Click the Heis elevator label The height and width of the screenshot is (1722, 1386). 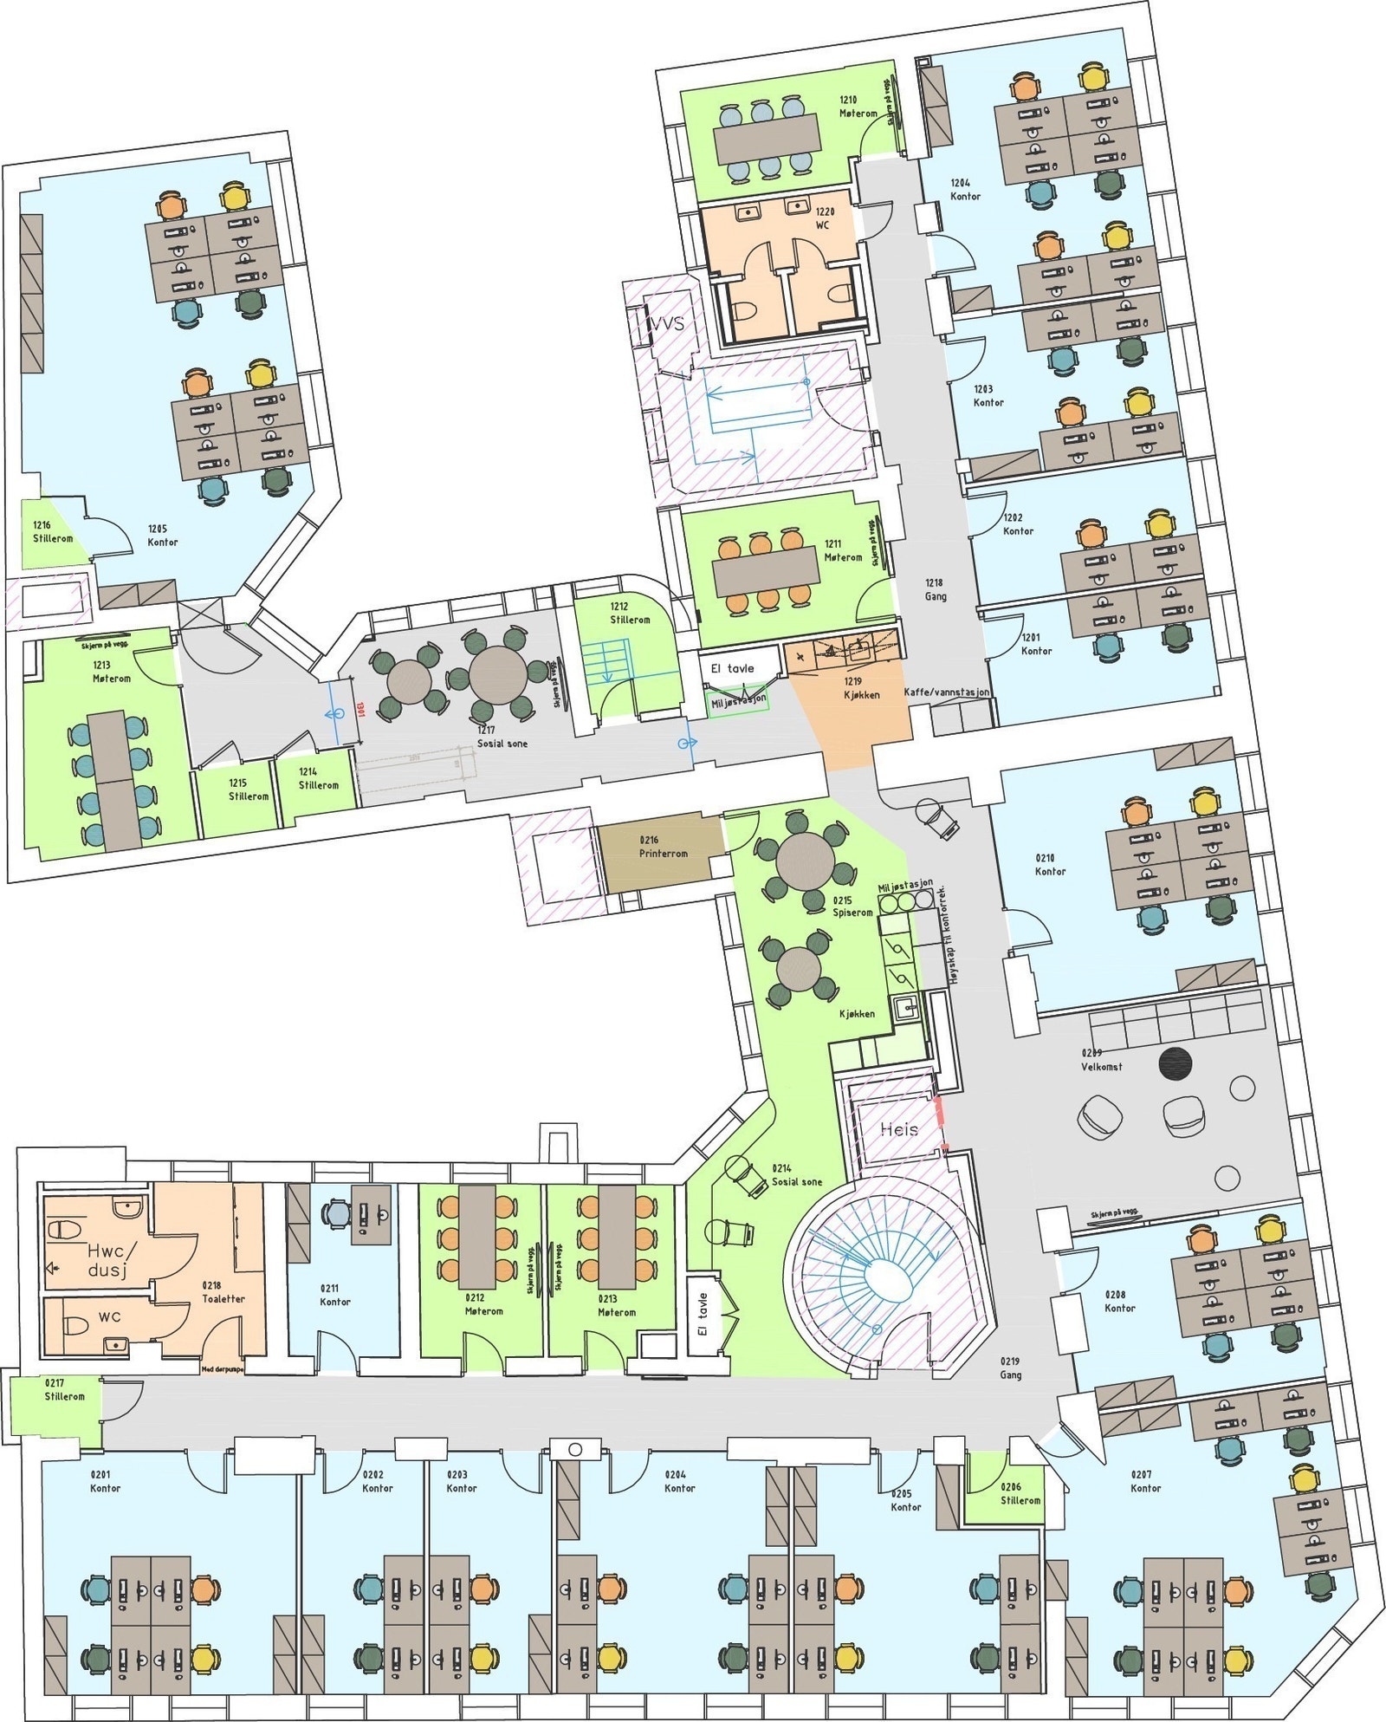click(898, 1128)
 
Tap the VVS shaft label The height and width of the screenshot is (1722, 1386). click(666, 323)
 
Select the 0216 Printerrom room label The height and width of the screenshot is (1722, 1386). click(664, 847)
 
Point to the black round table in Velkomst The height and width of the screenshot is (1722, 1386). click(1176, 1064)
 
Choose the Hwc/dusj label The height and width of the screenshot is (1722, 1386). click(107, 1260)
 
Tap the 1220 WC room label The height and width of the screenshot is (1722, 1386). click(823, 218)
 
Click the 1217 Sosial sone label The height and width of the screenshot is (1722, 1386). click(502, 737)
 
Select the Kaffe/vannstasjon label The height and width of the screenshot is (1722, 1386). click(946, 692)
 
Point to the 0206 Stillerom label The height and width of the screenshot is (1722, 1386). click(1020, 1493)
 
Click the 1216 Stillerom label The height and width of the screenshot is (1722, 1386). click(53, 532)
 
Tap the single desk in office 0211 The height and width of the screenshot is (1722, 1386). click(370, 1213)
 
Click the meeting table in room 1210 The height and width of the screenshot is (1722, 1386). click(767, 136)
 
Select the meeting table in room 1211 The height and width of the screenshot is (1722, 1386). click(767, 571)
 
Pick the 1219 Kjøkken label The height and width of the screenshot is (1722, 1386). click(861, 688)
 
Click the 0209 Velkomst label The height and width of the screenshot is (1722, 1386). click(1101, 1059)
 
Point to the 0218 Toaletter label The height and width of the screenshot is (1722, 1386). click(223, 1292)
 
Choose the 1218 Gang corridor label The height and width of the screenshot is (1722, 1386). click(935, 589)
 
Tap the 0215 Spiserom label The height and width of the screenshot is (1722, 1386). click(852, 906)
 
